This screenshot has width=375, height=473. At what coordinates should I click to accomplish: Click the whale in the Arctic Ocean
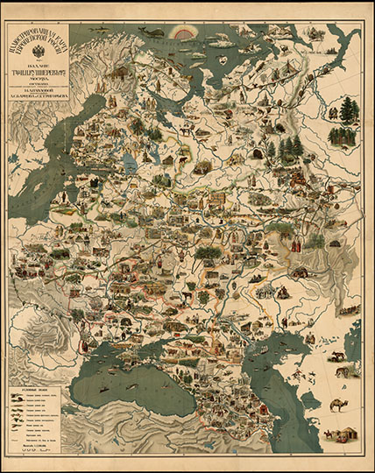[156, 32]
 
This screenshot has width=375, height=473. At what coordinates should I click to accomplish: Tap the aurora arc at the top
[186, 33]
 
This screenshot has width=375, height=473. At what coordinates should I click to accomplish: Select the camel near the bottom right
[336, 406]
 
